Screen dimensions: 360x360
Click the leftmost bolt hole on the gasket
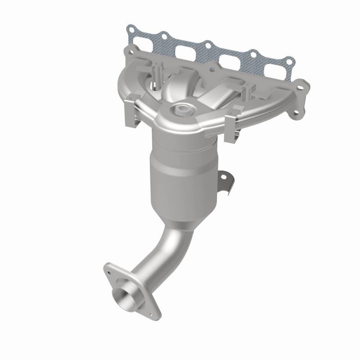(130, 31)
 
